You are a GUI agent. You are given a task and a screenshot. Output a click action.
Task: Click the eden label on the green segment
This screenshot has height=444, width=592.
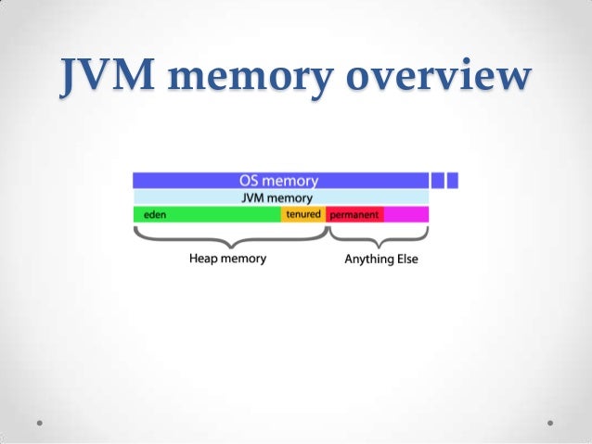click(149, 214)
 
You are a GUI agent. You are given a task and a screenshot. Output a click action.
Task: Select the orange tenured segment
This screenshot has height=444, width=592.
click(303, 214)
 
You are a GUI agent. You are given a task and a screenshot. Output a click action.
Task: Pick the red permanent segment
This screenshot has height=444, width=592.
click(354, 214)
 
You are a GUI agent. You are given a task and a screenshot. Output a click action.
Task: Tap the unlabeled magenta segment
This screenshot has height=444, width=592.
click(406, 214)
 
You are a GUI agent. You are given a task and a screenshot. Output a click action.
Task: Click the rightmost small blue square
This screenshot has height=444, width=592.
click(453, 181)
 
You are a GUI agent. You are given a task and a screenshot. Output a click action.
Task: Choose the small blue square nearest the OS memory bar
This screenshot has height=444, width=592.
click(438, 181)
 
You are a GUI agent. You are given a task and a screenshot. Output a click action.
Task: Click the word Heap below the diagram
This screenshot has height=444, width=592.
click(204, 259)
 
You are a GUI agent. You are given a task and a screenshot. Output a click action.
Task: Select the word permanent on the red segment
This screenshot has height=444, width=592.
click(354, 214)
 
